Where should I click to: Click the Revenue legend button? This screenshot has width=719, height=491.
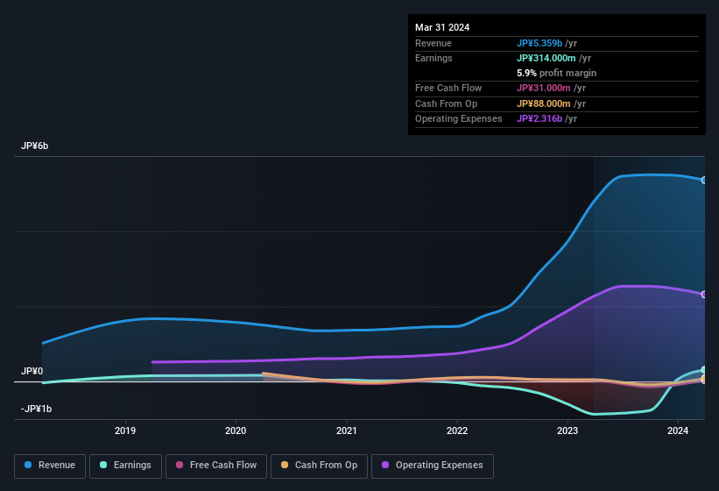click(x=50, y=466)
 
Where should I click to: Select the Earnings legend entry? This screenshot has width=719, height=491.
click(x=125, y=466)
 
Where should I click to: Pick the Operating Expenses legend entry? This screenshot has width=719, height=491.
click(x=432, y=466)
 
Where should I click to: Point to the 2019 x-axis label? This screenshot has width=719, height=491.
click(x=125, y=431)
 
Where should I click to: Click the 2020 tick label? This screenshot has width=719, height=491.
click(x=236, y=431)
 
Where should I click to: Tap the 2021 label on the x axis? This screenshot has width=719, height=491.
click(x=347, y=431)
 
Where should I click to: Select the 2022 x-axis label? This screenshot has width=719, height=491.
click(x=457, y=431)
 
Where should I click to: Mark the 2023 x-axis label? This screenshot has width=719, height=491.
click(x=567, y=431)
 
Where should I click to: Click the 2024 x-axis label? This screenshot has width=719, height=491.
click(x=678, y=431)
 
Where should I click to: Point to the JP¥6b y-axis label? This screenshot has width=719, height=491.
click(x=35, y=146)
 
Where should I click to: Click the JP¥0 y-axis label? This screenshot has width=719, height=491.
click(x=32, y=371)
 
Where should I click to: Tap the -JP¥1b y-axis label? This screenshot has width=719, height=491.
click(x=37, y=409)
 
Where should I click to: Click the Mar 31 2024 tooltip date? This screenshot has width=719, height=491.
click(x=442, y=27)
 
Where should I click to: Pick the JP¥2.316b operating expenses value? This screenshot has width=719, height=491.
click(x=544, y=118)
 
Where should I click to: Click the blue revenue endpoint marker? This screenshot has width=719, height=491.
click(x=704, y=180)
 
